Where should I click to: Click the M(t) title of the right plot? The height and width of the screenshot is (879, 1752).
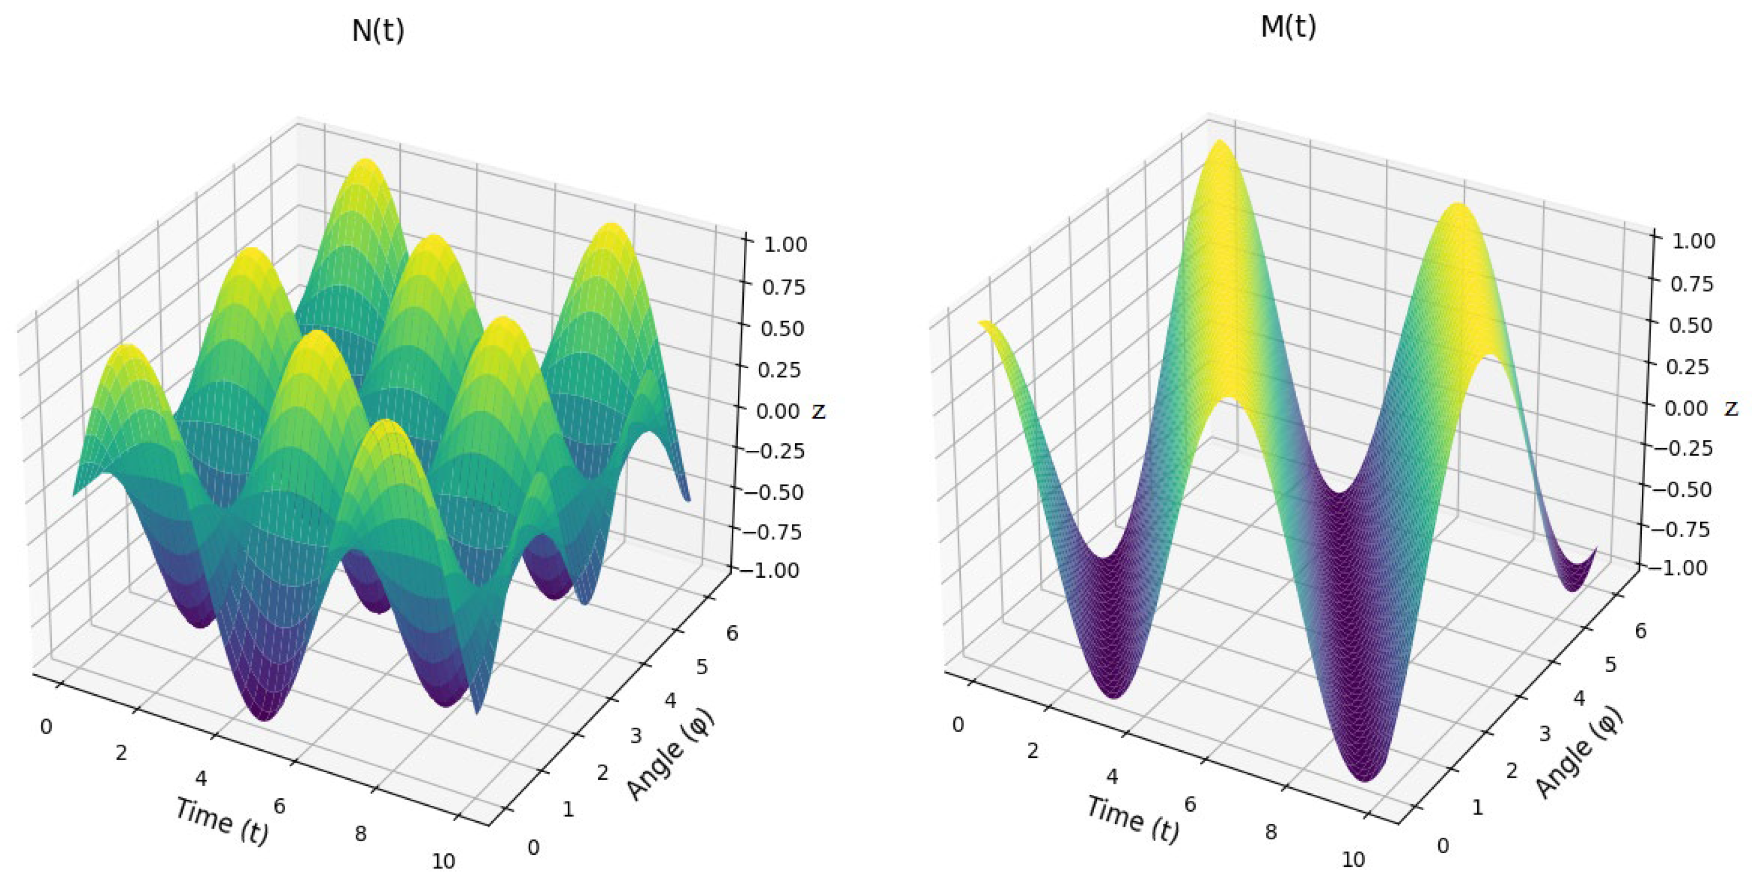pos(1288,26)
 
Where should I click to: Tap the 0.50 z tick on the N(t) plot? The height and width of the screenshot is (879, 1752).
pos(782,329)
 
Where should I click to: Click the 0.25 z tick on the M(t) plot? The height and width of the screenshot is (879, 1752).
pos(1688,367)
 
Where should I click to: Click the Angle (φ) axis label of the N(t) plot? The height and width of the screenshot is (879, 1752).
pos(670,755)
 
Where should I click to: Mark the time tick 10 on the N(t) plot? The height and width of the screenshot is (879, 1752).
pos(443,862)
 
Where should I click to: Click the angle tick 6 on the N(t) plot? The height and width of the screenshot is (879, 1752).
pos(732,633)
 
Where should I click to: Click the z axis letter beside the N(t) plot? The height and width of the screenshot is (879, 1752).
pos(819,411)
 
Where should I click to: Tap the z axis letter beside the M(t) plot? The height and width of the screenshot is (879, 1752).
pos(1731,408)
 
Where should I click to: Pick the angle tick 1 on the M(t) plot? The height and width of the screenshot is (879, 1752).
pos(1477,807)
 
